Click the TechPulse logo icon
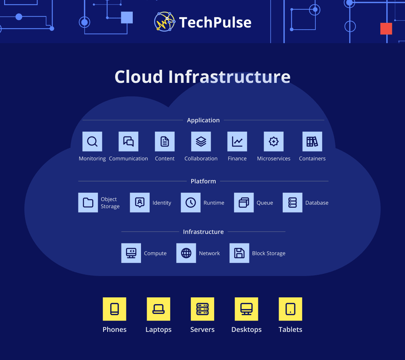point(165,21)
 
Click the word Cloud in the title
point(139,76)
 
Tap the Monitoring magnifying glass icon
point(92,141)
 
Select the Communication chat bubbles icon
point(129,141)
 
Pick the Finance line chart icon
point(237,141)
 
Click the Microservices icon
point(274,141)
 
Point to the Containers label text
point(312,159)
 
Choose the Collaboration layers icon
point(201,141)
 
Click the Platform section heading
point(203,181)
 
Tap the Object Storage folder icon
point(88,202)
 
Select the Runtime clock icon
point(190,202)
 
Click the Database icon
point(292,202)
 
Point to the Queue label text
point(265,203)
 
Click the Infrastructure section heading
point(203,232)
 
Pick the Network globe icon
point(186,253)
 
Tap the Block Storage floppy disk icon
point(239,253)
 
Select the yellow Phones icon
point(115,309)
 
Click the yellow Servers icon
point(202,309)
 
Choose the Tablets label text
point(290,330)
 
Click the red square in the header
point(386,28)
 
